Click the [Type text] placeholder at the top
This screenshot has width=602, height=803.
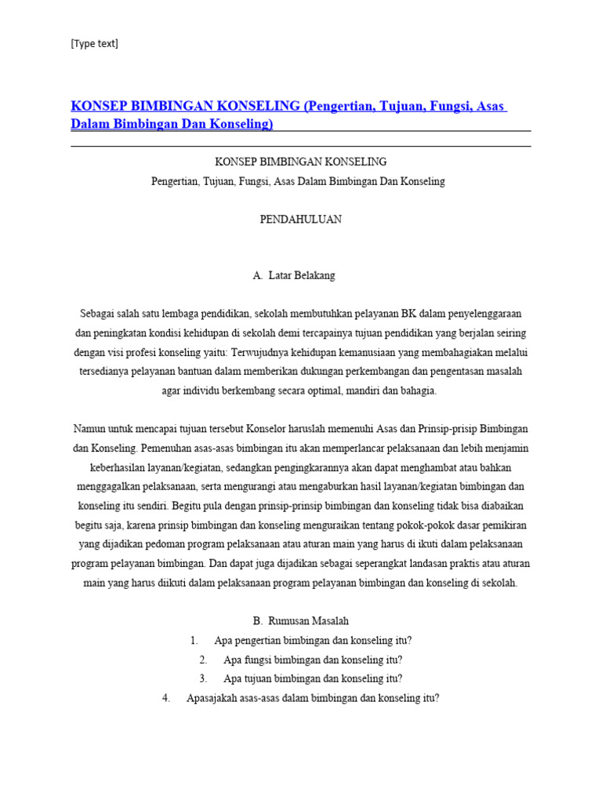coord(94,44)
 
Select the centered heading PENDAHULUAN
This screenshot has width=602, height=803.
coord(301,220)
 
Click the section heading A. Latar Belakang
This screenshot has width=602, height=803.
coord(294,276)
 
